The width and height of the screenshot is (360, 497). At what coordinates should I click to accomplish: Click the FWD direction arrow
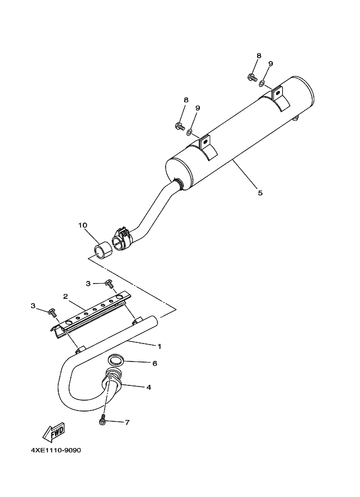tap(54, 432)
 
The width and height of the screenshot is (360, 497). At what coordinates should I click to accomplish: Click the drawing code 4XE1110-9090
tap(56, 450)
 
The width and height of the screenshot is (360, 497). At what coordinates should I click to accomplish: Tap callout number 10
tap(82, 225)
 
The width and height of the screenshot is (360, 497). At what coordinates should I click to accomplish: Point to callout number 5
tap(260, 193)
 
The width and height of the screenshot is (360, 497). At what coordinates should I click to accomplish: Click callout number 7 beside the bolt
tap(127, 422)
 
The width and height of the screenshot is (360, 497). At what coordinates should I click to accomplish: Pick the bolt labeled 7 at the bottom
tap(102, 419)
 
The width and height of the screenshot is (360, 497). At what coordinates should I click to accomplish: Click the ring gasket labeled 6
tap(114, 359)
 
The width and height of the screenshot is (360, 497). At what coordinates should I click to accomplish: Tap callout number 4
tap(149, 388)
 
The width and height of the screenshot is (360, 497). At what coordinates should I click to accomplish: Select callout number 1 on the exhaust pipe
tap(160, 346)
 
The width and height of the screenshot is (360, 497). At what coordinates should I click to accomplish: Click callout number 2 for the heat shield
tap(65, 296)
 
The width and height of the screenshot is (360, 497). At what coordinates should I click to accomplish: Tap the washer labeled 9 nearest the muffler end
tap(262, 83)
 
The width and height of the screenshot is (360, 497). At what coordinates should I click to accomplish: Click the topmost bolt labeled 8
tap(252, 77)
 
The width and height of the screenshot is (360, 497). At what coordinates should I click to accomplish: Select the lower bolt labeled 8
tap(180, 126)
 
